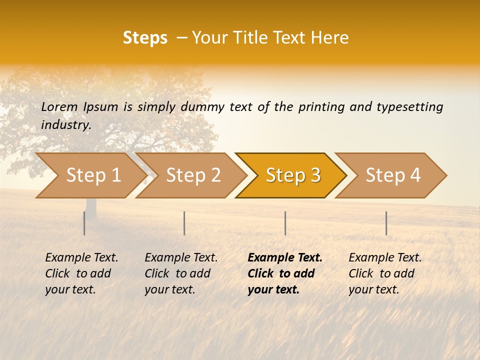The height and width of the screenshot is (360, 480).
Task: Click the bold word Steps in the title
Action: click(145, 38)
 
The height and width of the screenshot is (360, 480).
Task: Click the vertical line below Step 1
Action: click(84, 223)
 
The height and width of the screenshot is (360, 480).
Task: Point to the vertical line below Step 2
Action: click(184, 223)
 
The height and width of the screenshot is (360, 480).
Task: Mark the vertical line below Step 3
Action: click(285, 223)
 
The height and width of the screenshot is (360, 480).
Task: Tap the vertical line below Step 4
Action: click(386, 223)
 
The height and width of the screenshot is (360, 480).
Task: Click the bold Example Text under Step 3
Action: click(285, 258)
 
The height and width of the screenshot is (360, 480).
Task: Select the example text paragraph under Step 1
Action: click(81, 273)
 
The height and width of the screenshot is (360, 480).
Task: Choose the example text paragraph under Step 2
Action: click(181, 273)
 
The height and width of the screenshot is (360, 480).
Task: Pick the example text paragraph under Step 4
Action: click(385, 273)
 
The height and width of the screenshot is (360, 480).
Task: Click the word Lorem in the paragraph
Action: click(59, 107)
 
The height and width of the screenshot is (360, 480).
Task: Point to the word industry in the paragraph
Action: click(66, 125)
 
